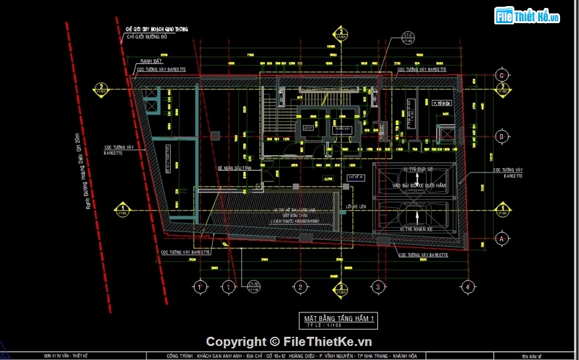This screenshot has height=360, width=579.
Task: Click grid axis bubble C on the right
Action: tap(502, 76)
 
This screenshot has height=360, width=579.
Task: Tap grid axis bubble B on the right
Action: tap(502, 136)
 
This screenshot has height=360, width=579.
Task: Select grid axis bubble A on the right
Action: tap(502, 238)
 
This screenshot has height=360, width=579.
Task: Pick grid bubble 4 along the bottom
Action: tap(467, 286)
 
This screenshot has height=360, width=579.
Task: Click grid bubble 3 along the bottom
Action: tap(378, 286)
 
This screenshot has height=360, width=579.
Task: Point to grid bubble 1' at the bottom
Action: tap(200, 286)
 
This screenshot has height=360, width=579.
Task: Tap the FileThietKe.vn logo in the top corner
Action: tap(527, 16)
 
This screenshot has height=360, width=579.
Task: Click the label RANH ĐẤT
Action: tap(151, 62)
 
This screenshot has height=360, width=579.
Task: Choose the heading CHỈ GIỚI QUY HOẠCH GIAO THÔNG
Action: tap(157, 29)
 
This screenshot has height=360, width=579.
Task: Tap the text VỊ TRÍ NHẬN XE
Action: tap(417, 228)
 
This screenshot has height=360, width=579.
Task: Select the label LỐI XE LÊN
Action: tap(357, 206)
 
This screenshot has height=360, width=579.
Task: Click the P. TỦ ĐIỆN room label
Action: tap(442, 104)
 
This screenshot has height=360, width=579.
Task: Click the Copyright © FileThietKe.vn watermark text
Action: tap(289, 342)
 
